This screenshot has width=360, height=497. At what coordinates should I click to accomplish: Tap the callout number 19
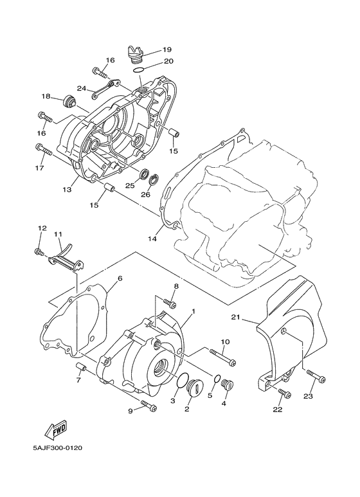coord(166,50)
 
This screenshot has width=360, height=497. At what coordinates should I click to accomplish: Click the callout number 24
coord(82,88)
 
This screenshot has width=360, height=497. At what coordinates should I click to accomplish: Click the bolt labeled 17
coord(43,150)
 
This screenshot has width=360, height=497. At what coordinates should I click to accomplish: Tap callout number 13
coord(66,190)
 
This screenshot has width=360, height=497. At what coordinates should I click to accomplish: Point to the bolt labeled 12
coord(39,251)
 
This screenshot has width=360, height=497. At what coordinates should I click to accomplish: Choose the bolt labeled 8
coord(170,302)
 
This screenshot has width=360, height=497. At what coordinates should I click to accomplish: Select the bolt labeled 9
coord(148,406)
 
